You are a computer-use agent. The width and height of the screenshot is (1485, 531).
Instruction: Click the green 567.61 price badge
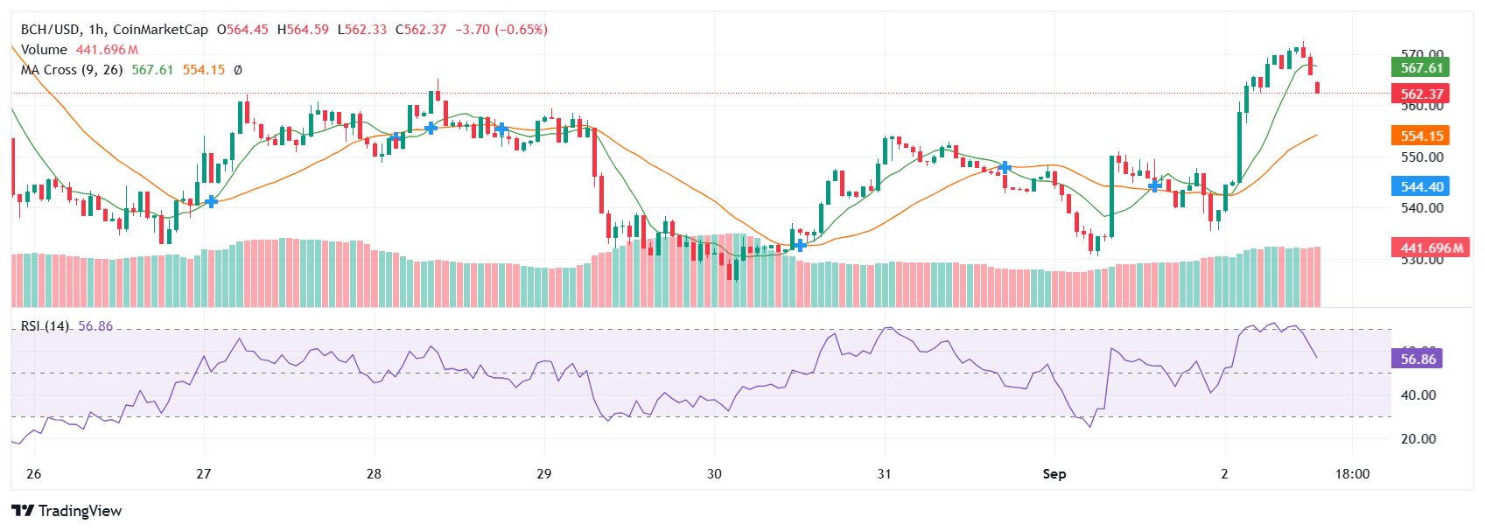(x=1420, y=67)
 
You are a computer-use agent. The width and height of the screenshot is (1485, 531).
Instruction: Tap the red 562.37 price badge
(x=1420, y=94)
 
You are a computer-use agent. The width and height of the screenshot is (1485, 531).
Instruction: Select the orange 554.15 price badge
(x=1420, y=136)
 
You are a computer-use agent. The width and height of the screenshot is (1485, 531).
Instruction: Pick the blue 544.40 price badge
(x=1420, y=186)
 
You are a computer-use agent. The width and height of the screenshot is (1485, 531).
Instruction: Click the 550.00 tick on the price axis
(x=1422, y=157)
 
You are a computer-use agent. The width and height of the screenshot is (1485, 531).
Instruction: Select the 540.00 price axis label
(x=1422, y=208)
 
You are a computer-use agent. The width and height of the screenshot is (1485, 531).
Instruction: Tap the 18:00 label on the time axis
(x=1352, y=474)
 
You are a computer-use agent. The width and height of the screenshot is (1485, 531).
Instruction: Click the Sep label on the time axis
(x=1054, y=474)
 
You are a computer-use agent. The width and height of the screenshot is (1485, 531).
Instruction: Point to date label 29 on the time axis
(x=544, y=474)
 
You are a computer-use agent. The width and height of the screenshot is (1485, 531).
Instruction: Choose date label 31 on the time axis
(x=884, y=474)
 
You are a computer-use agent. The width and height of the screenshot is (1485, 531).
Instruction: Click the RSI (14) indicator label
(x=46, y=326)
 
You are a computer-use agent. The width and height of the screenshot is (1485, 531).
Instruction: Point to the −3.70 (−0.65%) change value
(x=501, y=30)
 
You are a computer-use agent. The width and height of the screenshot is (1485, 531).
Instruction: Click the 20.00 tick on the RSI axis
(x=1418, y=439)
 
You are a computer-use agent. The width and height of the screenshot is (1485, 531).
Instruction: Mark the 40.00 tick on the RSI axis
(x=1418, y=395)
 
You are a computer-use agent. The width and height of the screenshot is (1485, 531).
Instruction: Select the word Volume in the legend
(x=44, y=50)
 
